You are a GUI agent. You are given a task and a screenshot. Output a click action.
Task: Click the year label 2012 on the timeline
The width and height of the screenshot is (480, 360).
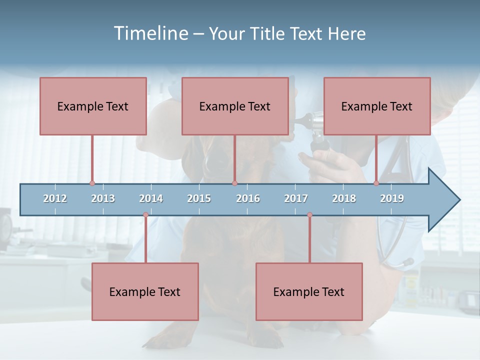coord(55,198)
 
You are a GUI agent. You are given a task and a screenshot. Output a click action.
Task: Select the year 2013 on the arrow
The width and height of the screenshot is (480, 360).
coord(103,198)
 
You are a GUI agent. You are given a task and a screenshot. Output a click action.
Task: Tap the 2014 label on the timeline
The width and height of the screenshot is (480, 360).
coord(151,198)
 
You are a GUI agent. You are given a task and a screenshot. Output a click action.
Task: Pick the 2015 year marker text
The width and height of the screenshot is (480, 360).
coord(199,198)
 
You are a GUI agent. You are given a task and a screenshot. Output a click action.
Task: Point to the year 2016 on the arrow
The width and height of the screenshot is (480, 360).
coord(248,198)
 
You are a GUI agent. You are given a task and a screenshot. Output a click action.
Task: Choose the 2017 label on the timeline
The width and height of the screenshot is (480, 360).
coord(296,198)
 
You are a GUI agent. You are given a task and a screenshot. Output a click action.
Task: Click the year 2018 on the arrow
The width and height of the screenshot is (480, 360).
coord(344,198)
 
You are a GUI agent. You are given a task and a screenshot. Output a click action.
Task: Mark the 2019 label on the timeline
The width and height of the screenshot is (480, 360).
coord(392,198)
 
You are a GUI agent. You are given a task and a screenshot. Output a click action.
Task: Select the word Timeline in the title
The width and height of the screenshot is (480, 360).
coord(150,33)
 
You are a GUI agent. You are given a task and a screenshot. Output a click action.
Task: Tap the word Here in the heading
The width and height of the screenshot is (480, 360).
coord(346,33)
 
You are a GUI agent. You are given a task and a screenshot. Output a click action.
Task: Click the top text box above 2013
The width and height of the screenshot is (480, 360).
coord(93,106)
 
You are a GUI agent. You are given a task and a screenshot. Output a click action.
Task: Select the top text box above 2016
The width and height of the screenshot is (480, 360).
coord(235,106)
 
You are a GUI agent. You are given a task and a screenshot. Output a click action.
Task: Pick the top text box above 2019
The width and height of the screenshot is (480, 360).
coord(377,106)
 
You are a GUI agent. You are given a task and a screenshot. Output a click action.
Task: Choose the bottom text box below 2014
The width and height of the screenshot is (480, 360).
coord(145,291)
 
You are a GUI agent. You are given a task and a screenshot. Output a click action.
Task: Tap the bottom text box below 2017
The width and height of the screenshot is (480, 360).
coord(309,291)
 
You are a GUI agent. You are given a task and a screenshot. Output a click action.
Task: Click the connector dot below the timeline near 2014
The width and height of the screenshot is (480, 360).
coord(145,215)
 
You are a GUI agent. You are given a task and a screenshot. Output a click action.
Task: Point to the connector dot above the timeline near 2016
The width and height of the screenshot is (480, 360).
coord(234,183)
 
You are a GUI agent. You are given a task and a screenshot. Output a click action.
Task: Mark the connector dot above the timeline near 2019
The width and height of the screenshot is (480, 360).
coord(376,183)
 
